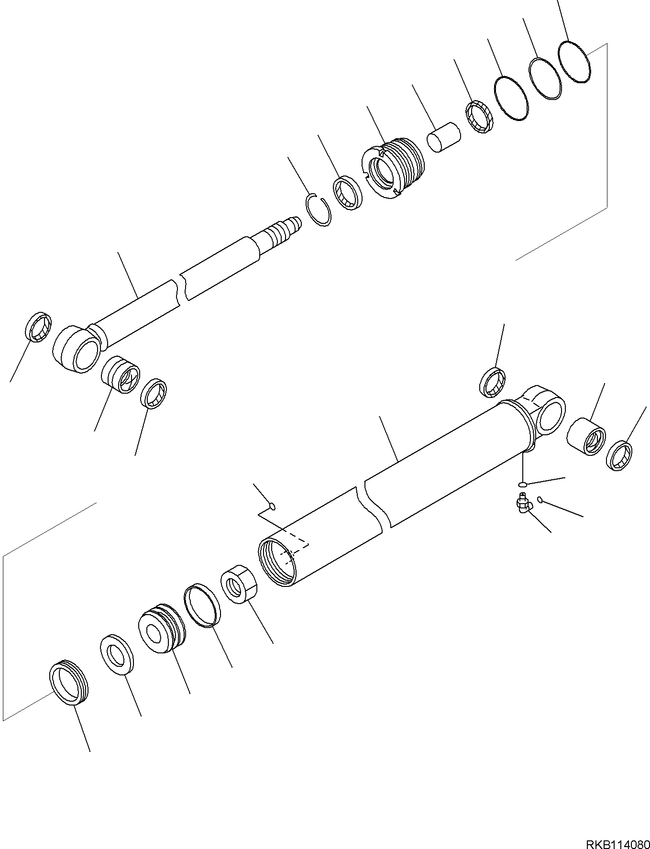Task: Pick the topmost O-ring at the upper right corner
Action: (x=574, y=62)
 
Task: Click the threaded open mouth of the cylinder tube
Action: (x=277, y=559)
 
